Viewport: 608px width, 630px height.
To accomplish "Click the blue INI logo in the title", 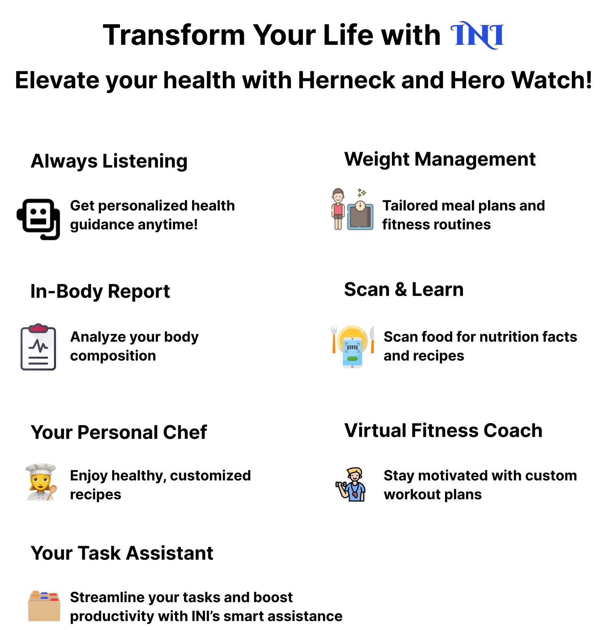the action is coord(477,35).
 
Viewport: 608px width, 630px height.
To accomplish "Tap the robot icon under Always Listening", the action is coord(39,219).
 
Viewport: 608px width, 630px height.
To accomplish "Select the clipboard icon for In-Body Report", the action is coord(38,347).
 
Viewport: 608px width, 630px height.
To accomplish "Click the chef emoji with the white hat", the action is coord(41,482).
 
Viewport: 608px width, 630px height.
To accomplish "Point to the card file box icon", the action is coord(44,606).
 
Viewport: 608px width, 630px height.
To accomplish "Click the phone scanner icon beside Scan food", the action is coord(352,347).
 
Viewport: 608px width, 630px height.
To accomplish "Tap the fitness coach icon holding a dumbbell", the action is coord(351,484).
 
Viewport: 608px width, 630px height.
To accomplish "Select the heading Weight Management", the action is coord(440,160).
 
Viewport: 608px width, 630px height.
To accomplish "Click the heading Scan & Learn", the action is coord(404,289).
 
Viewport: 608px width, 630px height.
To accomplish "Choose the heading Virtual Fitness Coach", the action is coord(443,430).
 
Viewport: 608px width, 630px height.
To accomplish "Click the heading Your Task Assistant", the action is coord(122,553).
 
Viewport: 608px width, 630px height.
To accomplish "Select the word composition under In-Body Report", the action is coord(113,356).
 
